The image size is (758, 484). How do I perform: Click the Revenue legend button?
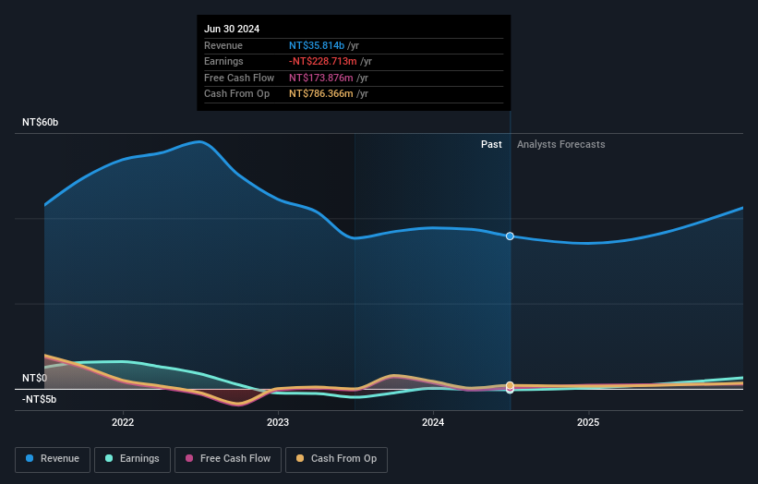pyautogui.click(x=52, y=459)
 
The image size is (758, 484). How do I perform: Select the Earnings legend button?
pyautogui.click(x=131, y=459)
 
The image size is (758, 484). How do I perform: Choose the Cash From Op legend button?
pyautogui.click(x=336, y=459)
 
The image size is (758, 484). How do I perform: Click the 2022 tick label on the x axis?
pyautogui.click(x=123, y=422)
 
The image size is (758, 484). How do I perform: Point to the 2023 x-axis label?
pyautogui.click(x=278, y=422)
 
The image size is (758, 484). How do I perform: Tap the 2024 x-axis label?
pyautogui.click(x=433, y=422)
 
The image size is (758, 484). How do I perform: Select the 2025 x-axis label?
pyautogui.click(x=588, y=422)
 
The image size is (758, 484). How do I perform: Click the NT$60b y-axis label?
pyautogui.click(x=41, y=123)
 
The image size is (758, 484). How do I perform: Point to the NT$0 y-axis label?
pyautogui.click(x=35, y=378)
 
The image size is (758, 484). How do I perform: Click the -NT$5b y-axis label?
pyautogui.click(x=39, y=399)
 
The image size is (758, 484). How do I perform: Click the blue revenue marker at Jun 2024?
pyautogui.click(x=510, y=236)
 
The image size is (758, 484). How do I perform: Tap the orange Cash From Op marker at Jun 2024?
pyautogui.click(x=510, y=385)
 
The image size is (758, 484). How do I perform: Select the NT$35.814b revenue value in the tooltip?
pyautogui.click(x=317, y=45)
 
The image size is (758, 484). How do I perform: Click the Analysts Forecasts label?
pyautogui.click(x=561, y=144)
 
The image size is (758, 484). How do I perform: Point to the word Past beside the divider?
pyautogui.click(x=491, y=144)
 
